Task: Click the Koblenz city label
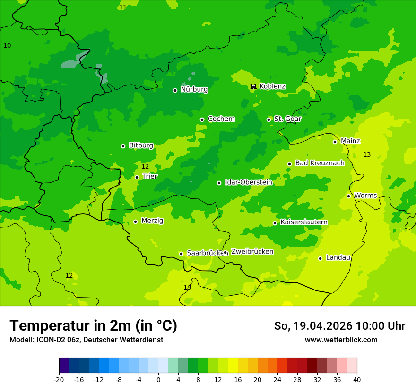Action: click(272, 86)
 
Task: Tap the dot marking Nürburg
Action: click(175, 90)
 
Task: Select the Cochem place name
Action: click(221, 119)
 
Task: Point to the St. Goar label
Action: click(287, 119)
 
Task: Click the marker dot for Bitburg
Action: click(123, 146)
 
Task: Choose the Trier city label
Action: click(150, 177)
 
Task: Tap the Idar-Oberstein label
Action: click(248, 182)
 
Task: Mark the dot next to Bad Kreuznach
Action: click(289, 164)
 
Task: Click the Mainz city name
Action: click(350, 141)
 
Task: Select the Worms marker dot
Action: click(348, 196)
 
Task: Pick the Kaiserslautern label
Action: click(303, 222)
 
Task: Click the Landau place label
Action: click(338, 258)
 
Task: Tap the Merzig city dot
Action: click(135, 222)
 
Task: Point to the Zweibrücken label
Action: click(252, 252)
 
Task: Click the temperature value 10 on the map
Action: click(7, 46)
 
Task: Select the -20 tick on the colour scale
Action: click(59, 379)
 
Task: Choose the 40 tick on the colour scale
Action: click(357, 379)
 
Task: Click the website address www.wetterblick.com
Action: click(341, 340)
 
